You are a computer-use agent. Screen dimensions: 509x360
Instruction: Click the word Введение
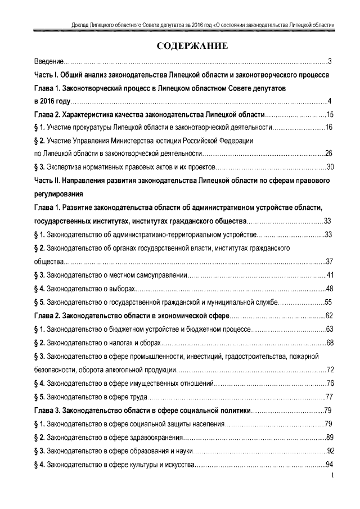[x=48, y=61]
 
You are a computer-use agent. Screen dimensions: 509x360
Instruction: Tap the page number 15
[x=330, y=115]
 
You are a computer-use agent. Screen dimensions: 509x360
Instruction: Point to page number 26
[x=330, y=153]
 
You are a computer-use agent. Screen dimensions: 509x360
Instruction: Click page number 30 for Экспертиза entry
[x=330, y=166]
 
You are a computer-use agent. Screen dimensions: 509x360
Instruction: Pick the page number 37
[x=330, y=261]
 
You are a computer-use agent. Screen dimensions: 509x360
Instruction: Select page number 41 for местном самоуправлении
[x=330, y=274]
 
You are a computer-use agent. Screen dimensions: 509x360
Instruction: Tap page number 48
[x=330, y=288]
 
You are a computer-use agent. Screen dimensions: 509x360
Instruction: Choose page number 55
[x=330, y=301]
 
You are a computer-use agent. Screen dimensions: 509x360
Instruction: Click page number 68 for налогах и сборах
[x=330, y=342]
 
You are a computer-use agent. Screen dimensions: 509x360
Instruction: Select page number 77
[x=330, y=397]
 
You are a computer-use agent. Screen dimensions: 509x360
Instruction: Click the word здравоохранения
[x=157, y=438]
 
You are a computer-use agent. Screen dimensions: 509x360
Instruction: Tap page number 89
[x=330, y=438]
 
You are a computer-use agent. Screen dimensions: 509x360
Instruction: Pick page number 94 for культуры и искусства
[x=330, y=465]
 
